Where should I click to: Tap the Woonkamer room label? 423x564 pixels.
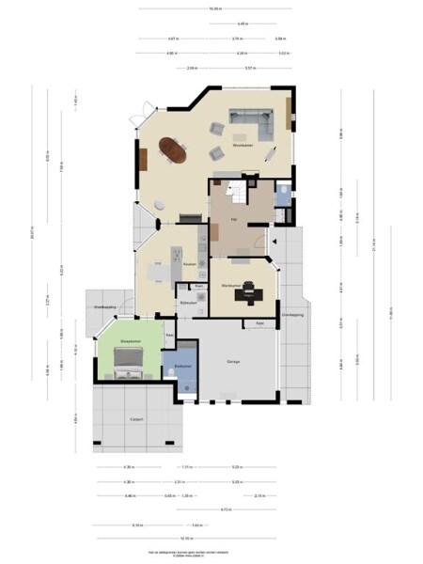point(244,146)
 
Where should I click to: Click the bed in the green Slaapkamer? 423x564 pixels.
point(127,362)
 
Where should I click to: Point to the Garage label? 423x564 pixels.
point(234,361)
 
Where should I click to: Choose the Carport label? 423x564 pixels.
point(137,420)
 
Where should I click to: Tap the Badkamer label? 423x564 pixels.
point(181,366)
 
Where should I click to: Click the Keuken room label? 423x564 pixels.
point(189,264)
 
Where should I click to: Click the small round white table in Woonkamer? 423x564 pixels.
point(160,204)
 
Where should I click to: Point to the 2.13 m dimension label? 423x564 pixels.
point(258,495)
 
